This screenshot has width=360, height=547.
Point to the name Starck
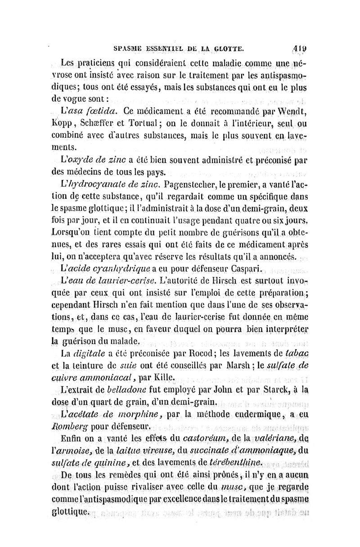(270, 388)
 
